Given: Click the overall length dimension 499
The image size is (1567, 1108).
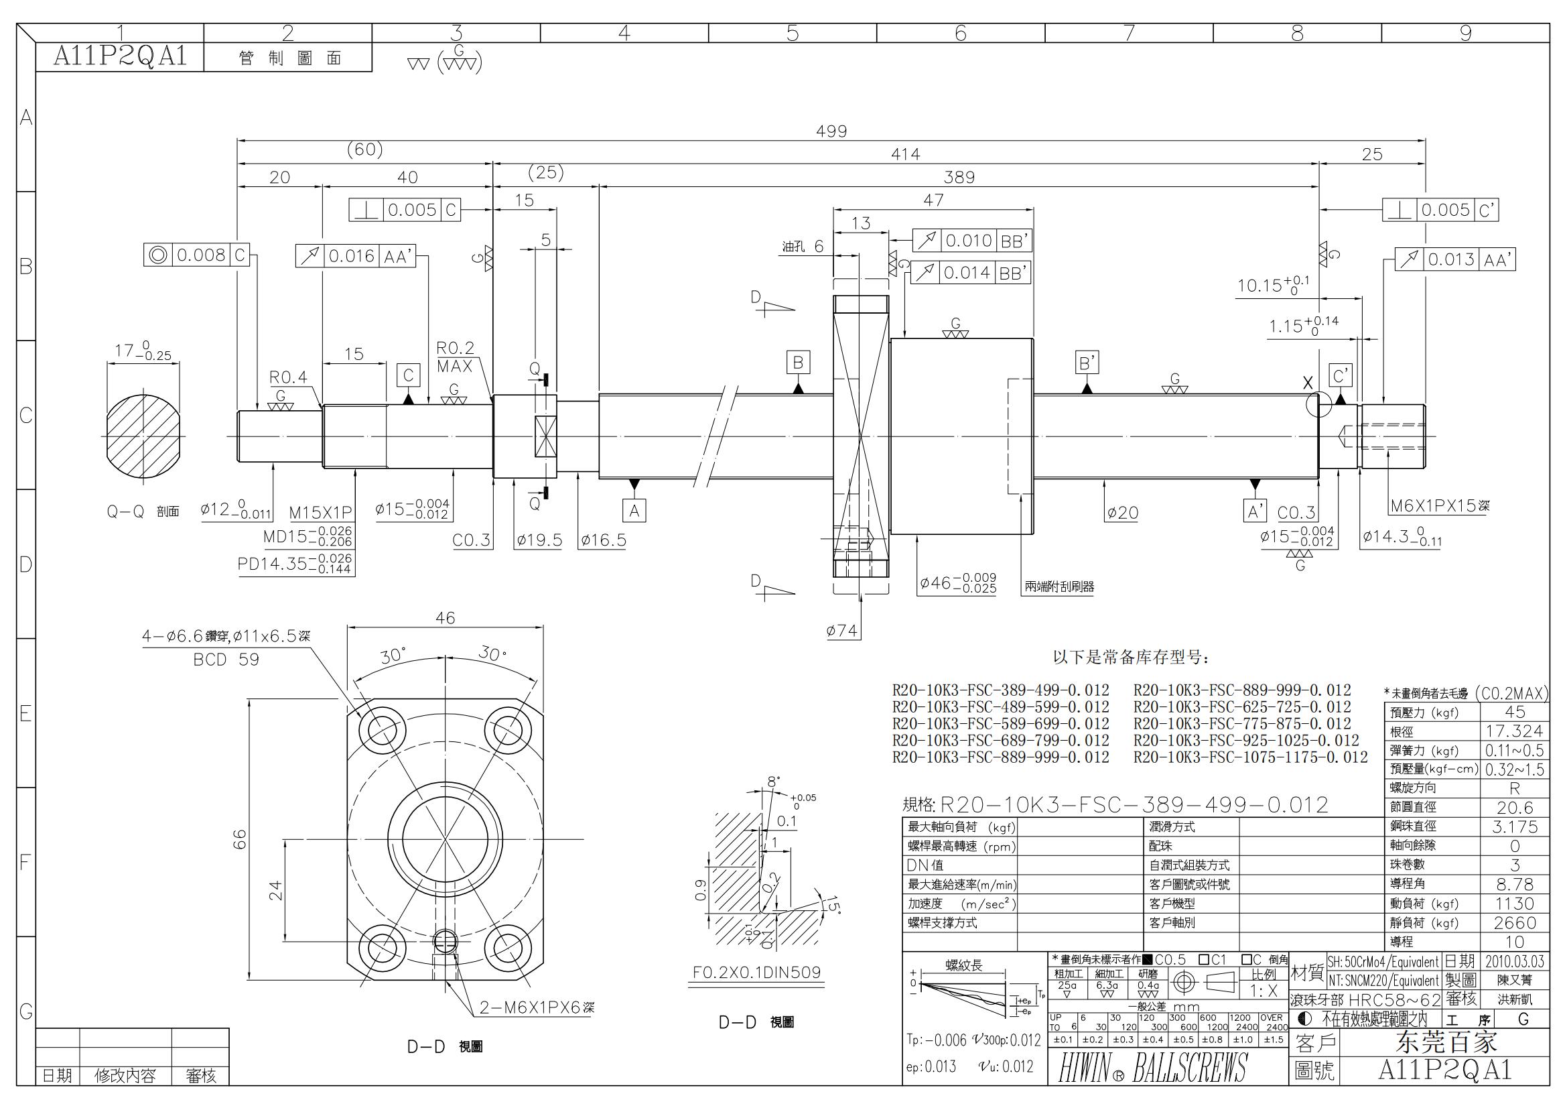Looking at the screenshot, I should click(831, 131).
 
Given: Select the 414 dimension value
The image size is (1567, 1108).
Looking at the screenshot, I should click(905, 154).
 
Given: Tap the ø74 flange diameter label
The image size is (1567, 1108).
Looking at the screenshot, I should click(841, 631).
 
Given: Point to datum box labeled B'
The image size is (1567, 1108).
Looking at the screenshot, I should click(1087, 363).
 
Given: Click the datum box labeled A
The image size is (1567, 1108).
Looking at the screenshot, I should click(634, 511).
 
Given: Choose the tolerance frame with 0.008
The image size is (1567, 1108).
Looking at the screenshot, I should click(196, 255).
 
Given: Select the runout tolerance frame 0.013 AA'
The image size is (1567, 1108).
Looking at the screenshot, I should click(1455, 259).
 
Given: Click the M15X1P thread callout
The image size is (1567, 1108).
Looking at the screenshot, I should click(320, 513).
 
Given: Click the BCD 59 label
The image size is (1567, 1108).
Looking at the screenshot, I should click(226, 660).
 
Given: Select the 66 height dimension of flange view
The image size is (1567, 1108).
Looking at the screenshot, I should click(240, 839).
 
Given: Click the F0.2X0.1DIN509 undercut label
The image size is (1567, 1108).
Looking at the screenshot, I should click(756, 972).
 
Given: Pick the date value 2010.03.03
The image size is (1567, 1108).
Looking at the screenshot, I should click(1515, 961).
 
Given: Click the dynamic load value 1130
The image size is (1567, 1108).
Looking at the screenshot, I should click(1515, 903).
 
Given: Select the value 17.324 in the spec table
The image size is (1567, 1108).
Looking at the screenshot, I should click(1515, 731).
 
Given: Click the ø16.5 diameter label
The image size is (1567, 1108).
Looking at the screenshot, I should click(603, 541).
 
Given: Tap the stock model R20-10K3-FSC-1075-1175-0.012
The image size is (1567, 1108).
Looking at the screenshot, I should click(1250, 757).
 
